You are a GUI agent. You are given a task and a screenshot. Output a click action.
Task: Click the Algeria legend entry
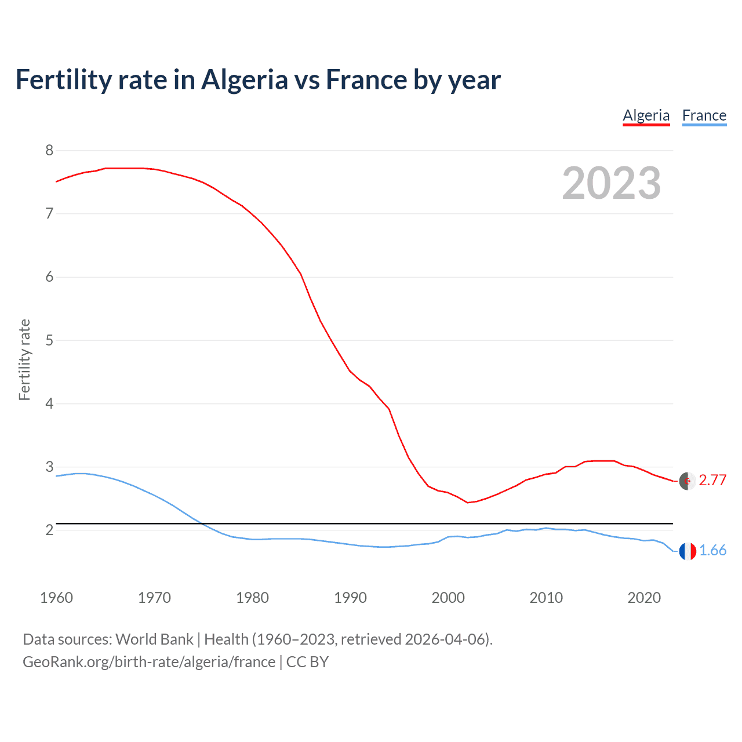[x=646, y=115]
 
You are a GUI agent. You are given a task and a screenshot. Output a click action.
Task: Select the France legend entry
[x=704, y=115]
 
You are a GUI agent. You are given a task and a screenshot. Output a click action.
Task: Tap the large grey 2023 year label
[x=612, y=183]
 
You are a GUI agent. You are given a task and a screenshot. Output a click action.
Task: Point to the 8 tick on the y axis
[x=49, y=151]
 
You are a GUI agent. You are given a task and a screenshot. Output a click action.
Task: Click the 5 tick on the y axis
[x=49, y=340]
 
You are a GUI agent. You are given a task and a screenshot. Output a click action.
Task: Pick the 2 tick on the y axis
[x=49, y=530]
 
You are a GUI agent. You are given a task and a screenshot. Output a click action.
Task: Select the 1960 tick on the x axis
[x=56, y=598]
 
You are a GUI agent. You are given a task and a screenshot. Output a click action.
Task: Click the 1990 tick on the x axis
[x=350, y=598]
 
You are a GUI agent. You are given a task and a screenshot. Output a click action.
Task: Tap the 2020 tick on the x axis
[x=644, y=598]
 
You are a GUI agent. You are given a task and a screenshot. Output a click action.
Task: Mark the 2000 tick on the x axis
[x=448, y=598]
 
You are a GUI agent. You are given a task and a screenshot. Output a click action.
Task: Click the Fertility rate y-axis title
[x=24, y=359]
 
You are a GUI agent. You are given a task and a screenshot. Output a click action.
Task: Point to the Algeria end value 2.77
[x=712, y=480]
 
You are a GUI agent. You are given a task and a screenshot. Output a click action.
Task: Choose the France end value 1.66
[x=712, y=550]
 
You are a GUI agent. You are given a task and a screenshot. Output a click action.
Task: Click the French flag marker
[x=688, y=551]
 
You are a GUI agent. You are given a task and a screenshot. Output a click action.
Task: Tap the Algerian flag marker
[x=688, y=481]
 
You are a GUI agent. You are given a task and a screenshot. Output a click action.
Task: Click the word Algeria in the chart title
[x=244, y=80]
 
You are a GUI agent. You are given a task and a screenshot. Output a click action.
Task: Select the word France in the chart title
[x=366, y=80]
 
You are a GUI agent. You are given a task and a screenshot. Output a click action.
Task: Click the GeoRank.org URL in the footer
[x=149, y=662]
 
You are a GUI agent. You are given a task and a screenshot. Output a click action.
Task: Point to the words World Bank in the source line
[x=154, y=639]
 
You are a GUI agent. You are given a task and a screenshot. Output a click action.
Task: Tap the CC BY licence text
[x=307, y=662]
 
